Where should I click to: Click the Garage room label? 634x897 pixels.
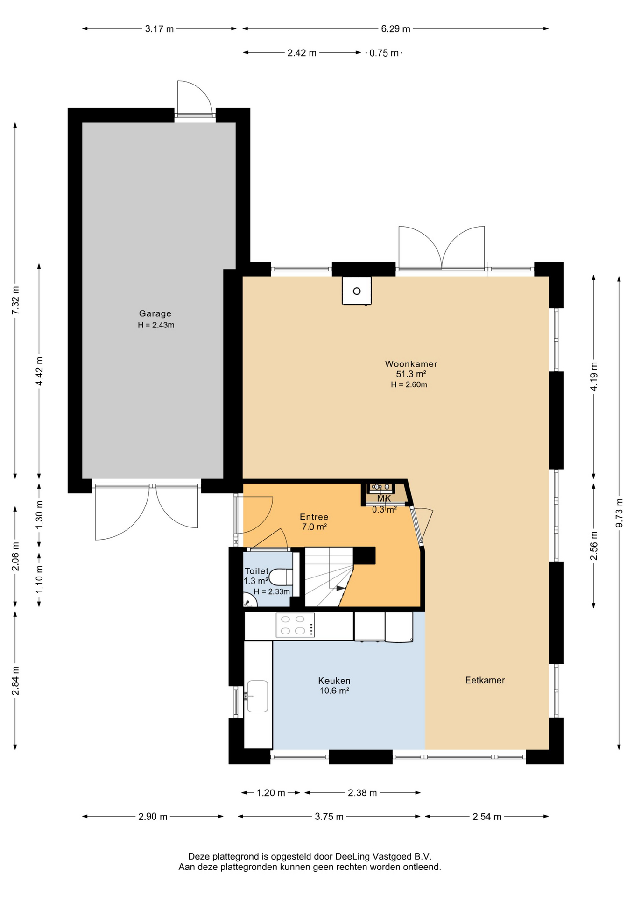155,313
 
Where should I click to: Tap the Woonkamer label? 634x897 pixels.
411,363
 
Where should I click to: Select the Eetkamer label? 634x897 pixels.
485,680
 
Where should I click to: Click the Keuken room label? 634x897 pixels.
334,681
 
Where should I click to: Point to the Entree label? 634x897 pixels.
314,517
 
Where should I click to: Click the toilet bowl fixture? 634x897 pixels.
281,577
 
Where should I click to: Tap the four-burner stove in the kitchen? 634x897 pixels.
295,625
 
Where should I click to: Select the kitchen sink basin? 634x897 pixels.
257,696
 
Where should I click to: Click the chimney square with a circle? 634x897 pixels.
357,291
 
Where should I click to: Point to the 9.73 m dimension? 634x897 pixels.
619,513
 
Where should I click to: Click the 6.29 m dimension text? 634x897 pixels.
395,29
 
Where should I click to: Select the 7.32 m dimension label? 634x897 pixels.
15,300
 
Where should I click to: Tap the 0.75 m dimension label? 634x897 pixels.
384,53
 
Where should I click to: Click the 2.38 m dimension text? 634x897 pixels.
362,793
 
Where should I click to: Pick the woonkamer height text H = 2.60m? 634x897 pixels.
409,385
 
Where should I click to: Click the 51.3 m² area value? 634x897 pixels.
411,374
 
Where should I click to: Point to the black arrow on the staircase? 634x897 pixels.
340,588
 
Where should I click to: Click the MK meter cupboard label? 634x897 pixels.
384,498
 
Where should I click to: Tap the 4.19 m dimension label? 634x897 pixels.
594,377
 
